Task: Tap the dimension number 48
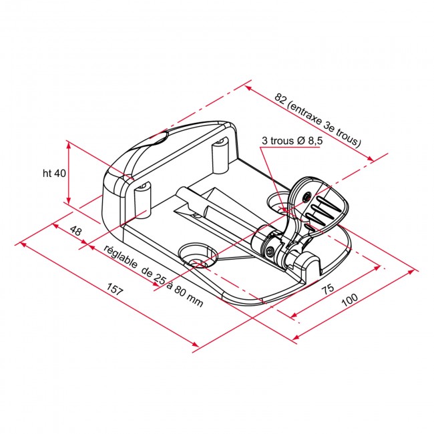pyautogui.click(x=75, y=231)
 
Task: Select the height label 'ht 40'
pyautogui.click(x=53, y=173)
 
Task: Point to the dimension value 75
pyautogui.click(x=327, y=289)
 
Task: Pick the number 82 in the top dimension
pyautogui.click(x=280, y=97)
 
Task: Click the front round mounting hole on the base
pyautogui.click(x=195, y=254)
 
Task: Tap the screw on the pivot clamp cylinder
pyautogui.click(x=269, y=252)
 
